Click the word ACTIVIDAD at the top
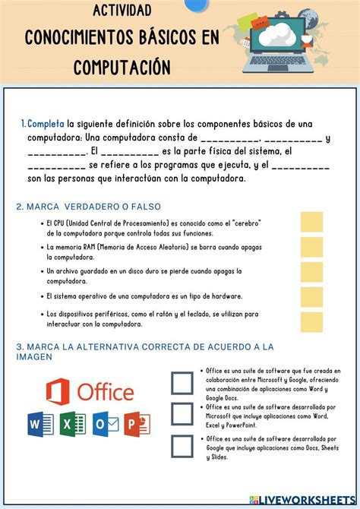click(122, 10)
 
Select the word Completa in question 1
click(46, 124)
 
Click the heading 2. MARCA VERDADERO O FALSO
click(88, 207)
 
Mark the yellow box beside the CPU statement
click(311, 222)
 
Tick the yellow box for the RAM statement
click(311, 247)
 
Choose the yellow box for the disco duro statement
click(311, 272)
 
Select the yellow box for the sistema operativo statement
click(311, 296)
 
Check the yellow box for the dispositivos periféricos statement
click(311, 321)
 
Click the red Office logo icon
click(58, 392)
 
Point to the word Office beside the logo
click(105, 392)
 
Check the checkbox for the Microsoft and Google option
click(182, 383)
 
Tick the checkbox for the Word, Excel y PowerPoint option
click(182, 414)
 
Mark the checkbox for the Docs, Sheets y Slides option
click(182, 447)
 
